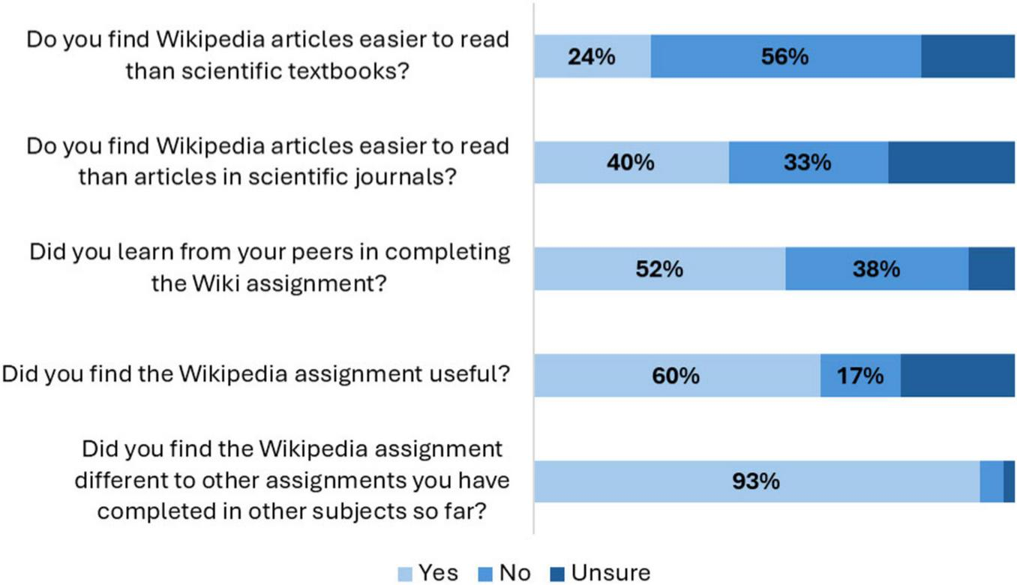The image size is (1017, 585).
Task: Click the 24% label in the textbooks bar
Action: pos(592,56)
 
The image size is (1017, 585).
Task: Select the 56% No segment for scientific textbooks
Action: pos(785,56)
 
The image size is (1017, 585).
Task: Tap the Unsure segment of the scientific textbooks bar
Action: pos(967,56)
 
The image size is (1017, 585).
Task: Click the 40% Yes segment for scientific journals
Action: pos(631,162)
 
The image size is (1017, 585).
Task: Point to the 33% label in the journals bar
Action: pos(808,162)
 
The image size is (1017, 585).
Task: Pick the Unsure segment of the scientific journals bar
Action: pos(951,162)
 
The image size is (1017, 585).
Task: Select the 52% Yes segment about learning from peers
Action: pos(659,268)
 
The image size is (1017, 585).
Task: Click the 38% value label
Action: pos(876,268)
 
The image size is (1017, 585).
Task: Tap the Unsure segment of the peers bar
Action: pos(991,268)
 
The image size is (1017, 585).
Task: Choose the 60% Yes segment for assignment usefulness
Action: pos(676,375)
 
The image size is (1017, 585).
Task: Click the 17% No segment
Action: pos(860,375)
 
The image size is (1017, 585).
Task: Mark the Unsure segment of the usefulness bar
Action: pos(958,375)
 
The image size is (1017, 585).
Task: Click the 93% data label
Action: pos(756,481)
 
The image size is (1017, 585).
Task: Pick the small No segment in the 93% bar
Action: pos(991,481)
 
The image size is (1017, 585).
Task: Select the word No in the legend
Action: pos(514,574)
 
